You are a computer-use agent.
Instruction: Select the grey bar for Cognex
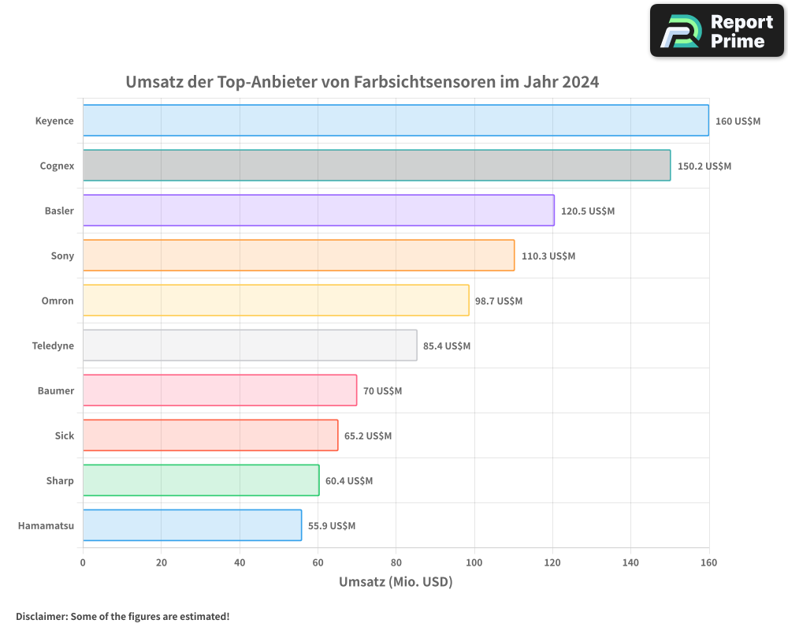(x=377, y=166)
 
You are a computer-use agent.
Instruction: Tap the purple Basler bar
(x=318, y=211)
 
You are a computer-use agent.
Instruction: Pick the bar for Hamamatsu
(x=192, y=525)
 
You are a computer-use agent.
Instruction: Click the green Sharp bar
(x=201, y=480)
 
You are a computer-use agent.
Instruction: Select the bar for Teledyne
(x=250, y=345)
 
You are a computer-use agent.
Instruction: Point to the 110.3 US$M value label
(x=548, y=256)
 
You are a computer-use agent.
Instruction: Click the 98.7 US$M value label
(x=499, y=301)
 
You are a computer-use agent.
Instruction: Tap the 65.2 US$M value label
(x=368, y=436)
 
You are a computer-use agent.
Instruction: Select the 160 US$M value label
(x=738, y=121)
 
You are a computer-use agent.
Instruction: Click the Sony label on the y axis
(x=62, y=256)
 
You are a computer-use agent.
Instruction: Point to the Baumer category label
(x=56, y=391)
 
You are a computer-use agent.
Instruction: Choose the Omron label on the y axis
(x=58, y=301)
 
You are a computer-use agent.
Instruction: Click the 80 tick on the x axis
(x=396, y=562)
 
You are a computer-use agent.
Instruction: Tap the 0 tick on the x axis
(x=83, y=562)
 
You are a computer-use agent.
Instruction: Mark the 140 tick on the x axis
(x=630, y=562)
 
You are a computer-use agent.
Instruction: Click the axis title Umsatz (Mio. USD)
(x=396, y=582)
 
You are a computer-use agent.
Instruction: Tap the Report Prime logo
(x=717, y=31)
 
